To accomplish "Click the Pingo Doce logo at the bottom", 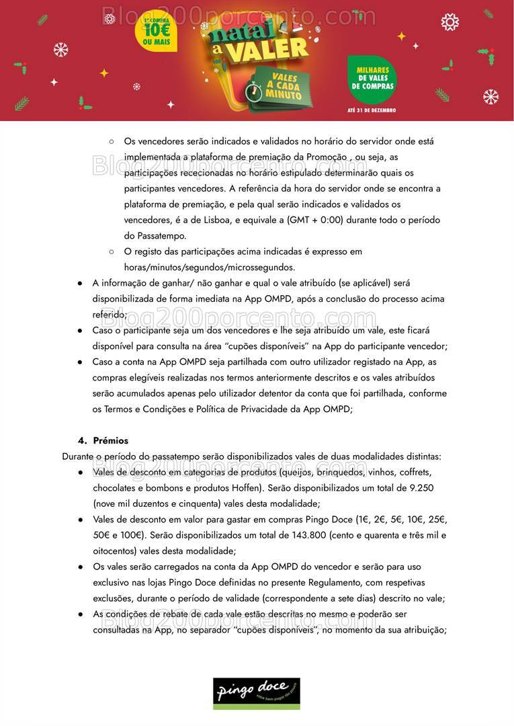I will click(257, 692).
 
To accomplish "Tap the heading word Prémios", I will click(110, 441).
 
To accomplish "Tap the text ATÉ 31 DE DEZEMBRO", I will click(372, 110).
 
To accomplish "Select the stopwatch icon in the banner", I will click(253, 92).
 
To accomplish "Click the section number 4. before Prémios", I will click(83, 441).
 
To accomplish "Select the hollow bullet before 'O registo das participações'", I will click(112, 252).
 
